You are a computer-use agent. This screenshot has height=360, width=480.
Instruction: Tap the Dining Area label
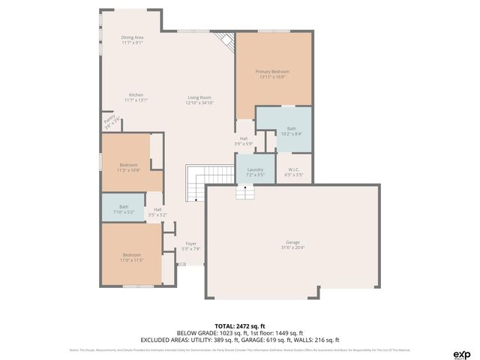point(133,40)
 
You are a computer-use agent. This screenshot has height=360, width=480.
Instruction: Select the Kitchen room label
point(136,97)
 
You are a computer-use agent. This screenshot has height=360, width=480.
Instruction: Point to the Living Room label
point(199,100)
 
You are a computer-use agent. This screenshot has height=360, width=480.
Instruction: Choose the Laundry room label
point(255,172)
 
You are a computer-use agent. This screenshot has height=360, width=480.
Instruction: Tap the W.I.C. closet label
point(293,172)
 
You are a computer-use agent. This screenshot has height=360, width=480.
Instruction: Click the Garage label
point(292,244)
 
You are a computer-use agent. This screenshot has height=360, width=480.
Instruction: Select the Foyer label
point(191,246)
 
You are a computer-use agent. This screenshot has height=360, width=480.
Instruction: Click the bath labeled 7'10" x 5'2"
point(123,209)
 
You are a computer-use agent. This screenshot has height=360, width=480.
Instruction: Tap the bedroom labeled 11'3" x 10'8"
point(128,167)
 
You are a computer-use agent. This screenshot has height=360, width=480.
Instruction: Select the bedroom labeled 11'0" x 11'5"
point(131,257)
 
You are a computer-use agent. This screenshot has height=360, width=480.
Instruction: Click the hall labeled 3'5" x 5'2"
point(157,212)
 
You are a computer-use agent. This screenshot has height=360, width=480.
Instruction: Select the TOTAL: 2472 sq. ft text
point(239,325)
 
